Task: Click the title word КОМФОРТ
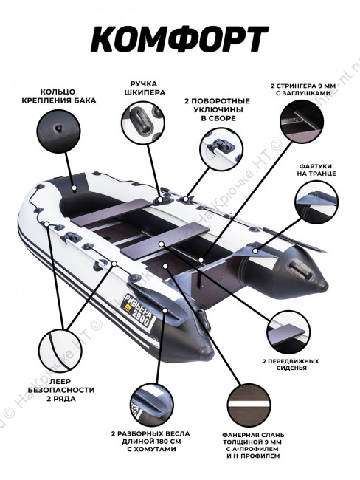(179, 39)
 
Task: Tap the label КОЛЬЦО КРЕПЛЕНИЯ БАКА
(59, 96)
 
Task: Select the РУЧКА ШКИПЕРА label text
(145, 88)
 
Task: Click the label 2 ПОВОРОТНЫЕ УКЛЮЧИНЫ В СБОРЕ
(217, 109)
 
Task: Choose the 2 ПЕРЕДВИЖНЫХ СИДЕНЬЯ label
(291, 364)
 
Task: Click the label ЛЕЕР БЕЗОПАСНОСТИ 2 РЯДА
(61, 390)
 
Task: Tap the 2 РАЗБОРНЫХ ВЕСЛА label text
(150, 433)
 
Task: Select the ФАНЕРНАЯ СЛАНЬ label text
(253, 435)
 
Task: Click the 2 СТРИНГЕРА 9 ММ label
(303, 86)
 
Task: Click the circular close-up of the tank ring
(58, 131)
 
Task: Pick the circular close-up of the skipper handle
(143, 122)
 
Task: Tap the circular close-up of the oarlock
(221, 149)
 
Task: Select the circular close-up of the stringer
(302, 121)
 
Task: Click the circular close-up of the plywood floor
(249, 405)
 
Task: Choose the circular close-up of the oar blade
(152, 405)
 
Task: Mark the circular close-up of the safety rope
(60, 351)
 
